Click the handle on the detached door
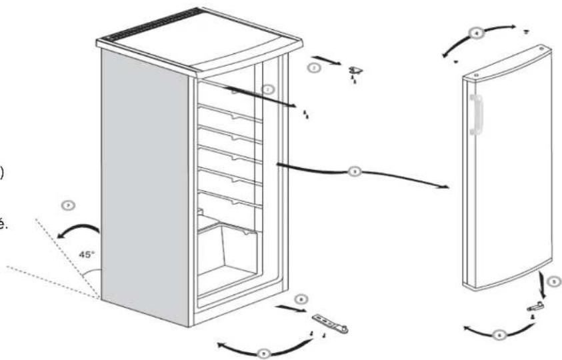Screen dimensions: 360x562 tap(475, 114)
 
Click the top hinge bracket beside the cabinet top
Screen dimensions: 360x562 tap(355, 71)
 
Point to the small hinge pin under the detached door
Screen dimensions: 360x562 tap(535, 307)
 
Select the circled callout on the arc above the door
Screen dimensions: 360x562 tap(477, 34)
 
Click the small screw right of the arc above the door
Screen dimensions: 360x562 tap(525, 31)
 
